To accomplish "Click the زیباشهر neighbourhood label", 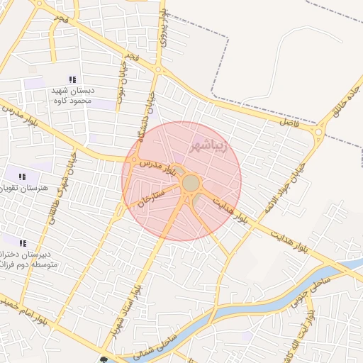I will (211, 145).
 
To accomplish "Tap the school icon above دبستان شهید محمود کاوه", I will (72, 79).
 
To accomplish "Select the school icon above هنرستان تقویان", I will (22, 177).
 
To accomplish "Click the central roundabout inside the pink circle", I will (191, 184).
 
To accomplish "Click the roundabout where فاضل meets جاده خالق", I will (320, 131).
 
